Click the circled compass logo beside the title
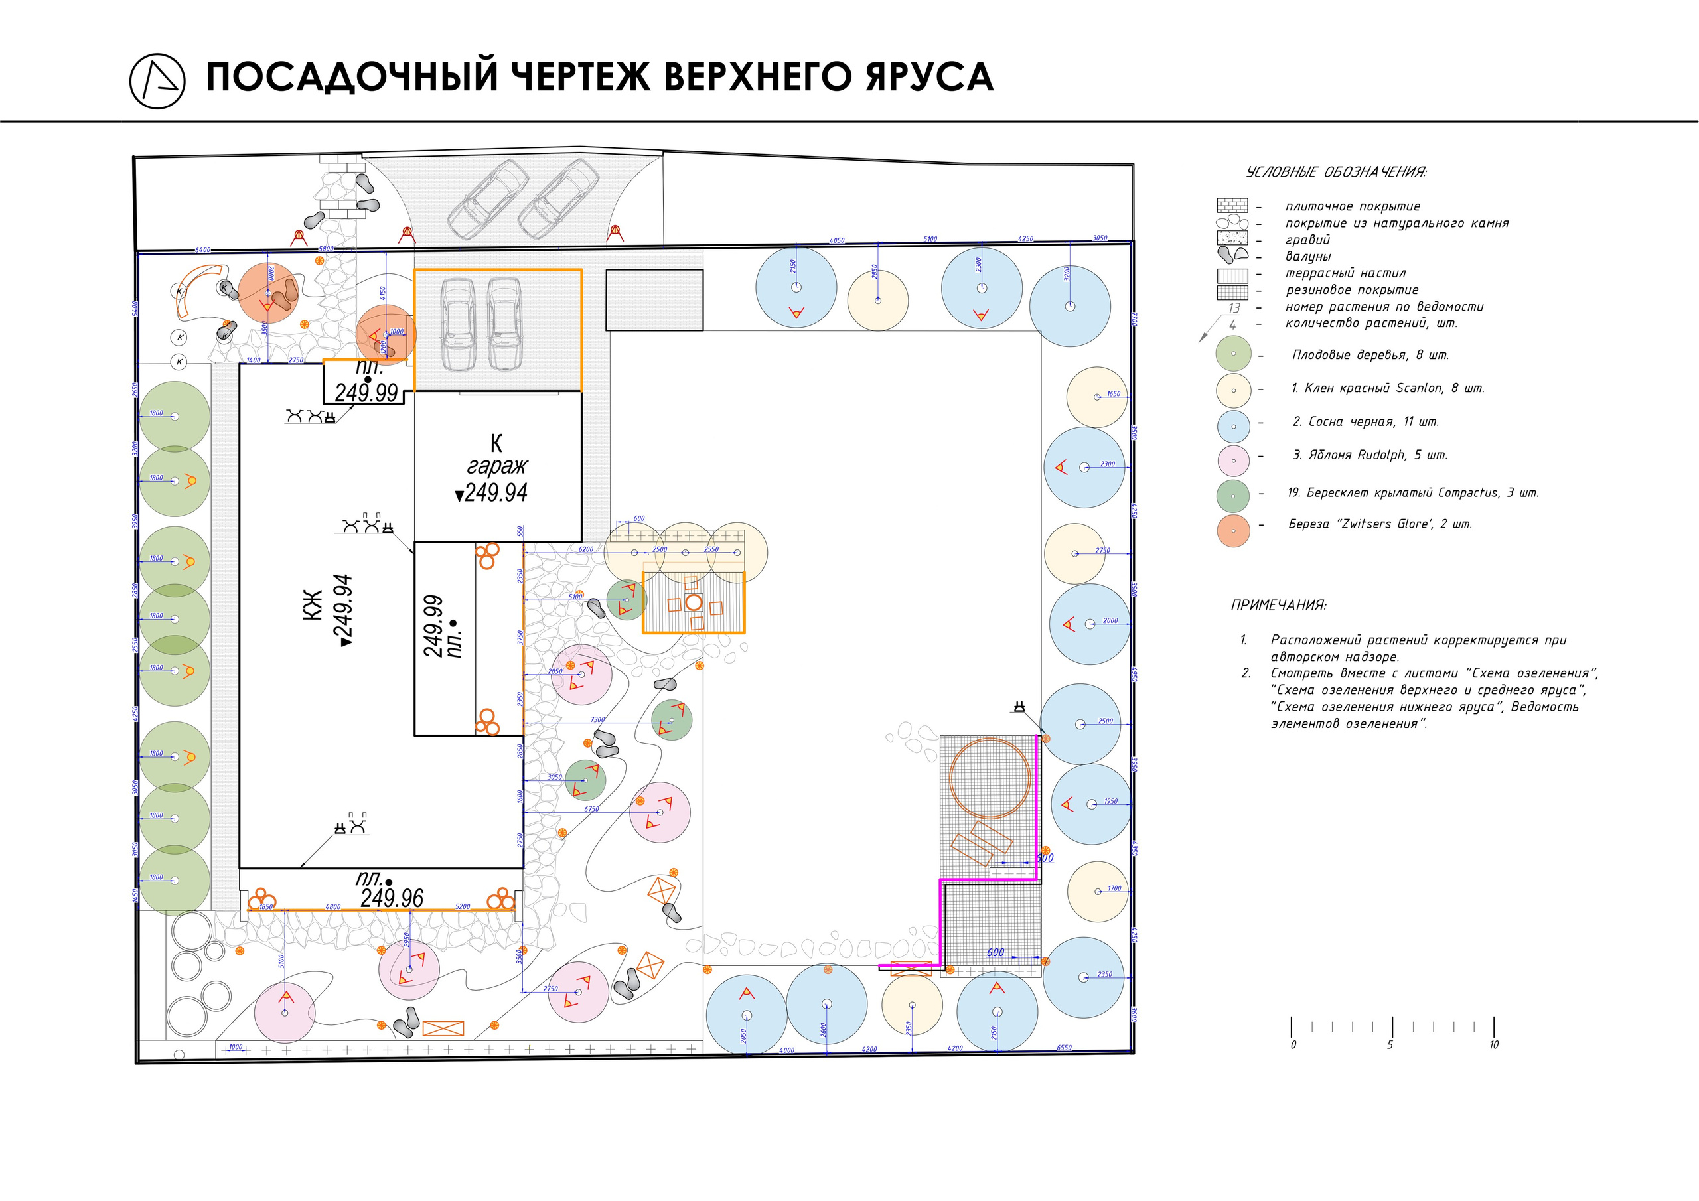click(157, 81)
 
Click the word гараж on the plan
click(496, 466)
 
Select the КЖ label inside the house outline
click(313, 604)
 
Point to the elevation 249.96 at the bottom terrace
click(392, 898)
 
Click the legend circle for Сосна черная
click(1233, 426)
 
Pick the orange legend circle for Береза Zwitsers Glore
click(1233, 531)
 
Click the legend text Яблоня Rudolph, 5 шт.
click(1369, 455)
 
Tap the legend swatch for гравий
click(1232, 238)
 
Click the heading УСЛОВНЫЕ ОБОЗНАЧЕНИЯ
click(1336, 173)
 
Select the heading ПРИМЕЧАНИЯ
click(1278, 605)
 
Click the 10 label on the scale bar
click(1493, 1045)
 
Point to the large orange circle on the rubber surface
click(990, 778)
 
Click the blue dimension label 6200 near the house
click(585, 550)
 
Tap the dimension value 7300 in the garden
click(597, 719)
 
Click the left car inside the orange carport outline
click(457, 325)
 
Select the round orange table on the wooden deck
click(694, 602)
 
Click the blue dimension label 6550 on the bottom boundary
click(1063, 1048)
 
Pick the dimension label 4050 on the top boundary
click(836, 240)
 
